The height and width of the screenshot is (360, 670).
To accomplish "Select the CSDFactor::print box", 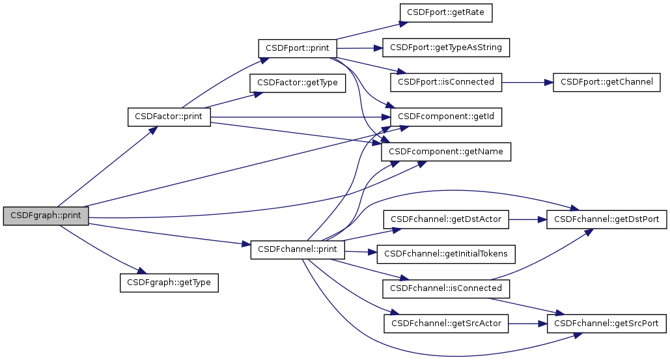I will point(169,117).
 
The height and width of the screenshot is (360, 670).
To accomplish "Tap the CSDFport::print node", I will point(298,49).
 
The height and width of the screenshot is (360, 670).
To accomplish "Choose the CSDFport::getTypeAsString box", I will point(446,48).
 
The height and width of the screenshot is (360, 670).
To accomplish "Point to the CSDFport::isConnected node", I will point(446,83).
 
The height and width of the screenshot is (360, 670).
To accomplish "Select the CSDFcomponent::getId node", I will point(446,117).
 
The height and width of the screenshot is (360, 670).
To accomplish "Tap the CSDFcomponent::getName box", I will point(446,152).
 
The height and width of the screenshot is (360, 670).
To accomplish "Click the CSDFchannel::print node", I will point(298,250).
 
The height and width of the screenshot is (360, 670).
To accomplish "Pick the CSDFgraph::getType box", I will point(169,283).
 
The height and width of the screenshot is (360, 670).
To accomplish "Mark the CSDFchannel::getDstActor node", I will point(446,219).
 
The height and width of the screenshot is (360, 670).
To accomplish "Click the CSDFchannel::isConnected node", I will point(446,288).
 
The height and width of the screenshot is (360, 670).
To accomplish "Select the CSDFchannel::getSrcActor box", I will point(446,323).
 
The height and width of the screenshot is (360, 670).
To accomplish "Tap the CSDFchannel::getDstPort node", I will point(607,219).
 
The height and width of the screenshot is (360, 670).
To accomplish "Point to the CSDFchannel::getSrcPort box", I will point(607,323).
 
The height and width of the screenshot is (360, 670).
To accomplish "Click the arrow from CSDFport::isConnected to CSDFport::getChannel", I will point(527,83).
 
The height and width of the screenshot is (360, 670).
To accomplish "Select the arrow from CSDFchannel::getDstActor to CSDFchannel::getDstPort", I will point(527,219).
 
